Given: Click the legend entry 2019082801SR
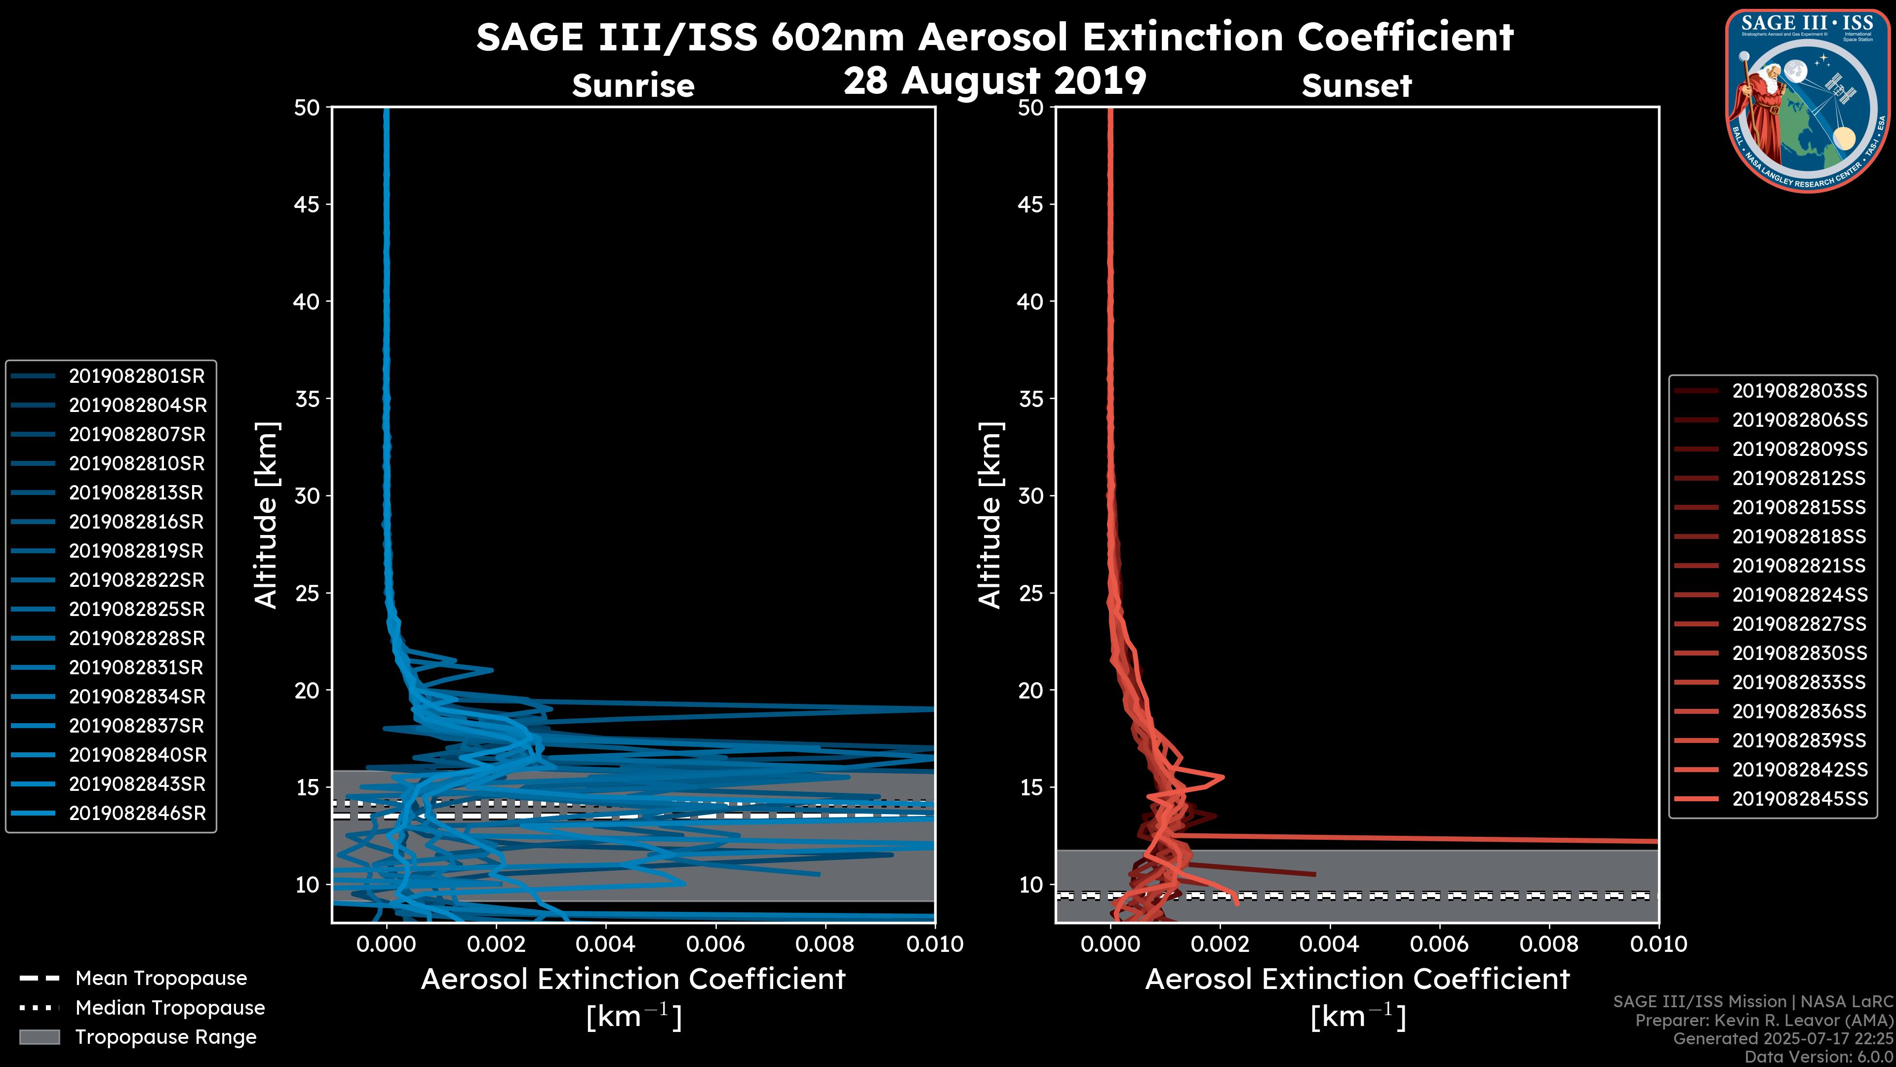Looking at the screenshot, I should point(137,376).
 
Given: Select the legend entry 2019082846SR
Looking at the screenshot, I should point(137,814).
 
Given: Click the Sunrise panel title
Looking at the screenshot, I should point(633,86).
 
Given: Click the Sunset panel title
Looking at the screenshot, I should point(1356,86).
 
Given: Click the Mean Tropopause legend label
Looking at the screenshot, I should point(161,979).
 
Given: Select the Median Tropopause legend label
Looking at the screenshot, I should point(170,1008).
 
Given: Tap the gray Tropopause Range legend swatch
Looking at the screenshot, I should point(39,1037).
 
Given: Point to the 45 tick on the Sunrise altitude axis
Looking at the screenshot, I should point(307,205).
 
